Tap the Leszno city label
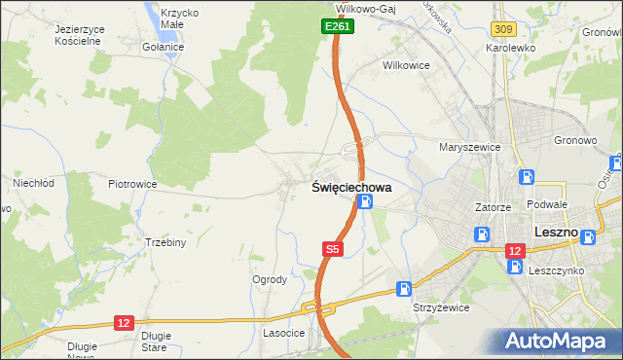tap(557, 234)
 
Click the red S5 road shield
tap(332, 250)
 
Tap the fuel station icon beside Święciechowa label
tap(365, 202)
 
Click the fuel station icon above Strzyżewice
tap(404, 288)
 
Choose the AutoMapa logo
tap(560, 340)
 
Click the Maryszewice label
tap(469, 147)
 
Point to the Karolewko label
tap(514, 47)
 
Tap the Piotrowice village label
tap(132, 183)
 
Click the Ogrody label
tap(270, 279)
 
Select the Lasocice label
tap(284, 333)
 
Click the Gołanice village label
tap(163, 47)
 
